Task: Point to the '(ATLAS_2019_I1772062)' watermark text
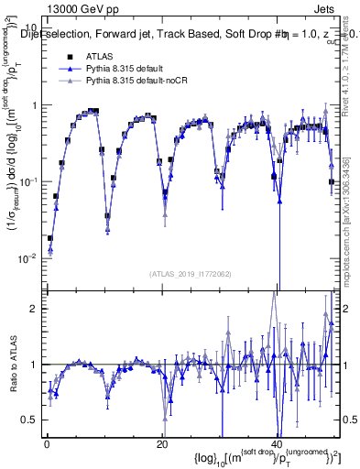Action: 191,274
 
